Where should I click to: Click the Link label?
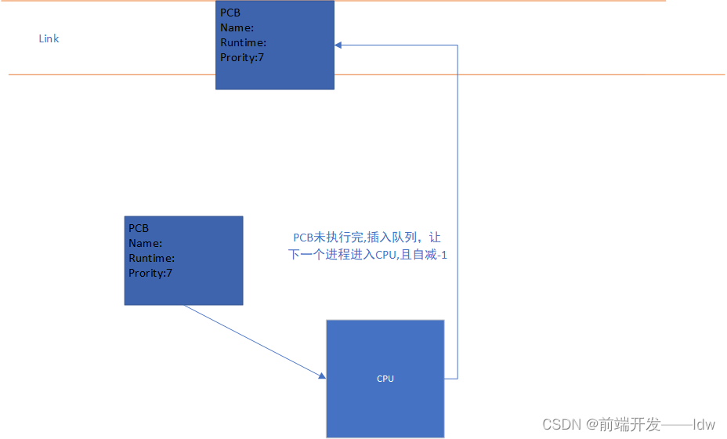pos(49,38)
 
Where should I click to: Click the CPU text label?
pos(385,379)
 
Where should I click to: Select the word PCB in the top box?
pos(230,13)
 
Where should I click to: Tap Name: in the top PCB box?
pos(237,27)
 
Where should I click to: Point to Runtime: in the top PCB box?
pos(243,42)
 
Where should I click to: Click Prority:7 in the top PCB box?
pos(242,57)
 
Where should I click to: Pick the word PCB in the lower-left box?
pos(139,228)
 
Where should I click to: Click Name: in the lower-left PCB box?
pos(145,243)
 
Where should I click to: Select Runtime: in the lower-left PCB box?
pos(151,258)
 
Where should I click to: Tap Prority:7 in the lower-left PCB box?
pos(150,273)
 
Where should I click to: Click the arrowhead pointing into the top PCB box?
pos(338,45)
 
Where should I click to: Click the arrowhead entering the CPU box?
pos(322,377)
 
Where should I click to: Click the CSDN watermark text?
pos(560,424)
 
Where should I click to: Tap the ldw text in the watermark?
pos(704,424)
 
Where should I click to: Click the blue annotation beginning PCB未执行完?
pos(367,238)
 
